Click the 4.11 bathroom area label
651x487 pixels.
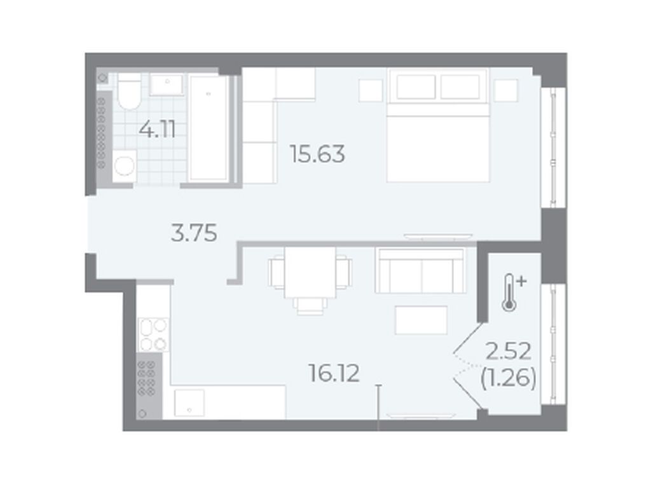coord(157,130)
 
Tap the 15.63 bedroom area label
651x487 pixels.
coord(318,154)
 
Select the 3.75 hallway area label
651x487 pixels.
coord(194,233)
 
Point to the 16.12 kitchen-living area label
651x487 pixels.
coord(334,373)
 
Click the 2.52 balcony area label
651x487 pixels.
coord(509,352)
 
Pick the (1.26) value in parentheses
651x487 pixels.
coord(508,378)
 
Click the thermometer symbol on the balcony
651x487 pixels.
coord(513,292)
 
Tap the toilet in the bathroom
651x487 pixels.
coord(129,92)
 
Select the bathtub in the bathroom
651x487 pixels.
coord(209,128)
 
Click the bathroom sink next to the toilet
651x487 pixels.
coord(167,85)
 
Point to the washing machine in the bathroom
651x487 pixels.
coord(124,166)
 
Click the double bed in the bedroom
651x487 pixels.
coord(438,125)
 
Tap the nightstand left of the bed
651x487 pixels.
coord(371,90)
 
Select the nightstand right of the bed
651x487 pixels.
coord(505,90)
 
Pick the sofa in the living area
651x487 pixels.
coord(421,270)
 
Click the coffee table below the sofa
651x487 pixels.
coord(421,320)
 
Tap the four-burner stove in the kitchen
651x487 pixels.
coord(154,334)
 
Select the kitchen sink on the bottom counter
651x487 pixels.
coord(189,402)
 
